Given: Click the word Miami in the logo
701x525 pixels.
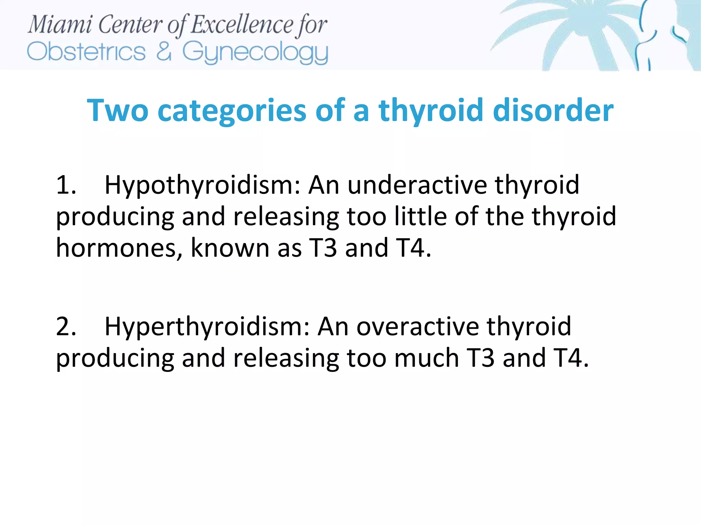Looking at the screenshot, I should [60, 25].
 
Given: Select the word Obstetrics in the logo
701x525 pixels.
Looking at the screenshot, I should [86, 52].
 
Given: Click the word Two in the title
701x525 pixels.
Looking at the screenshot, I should [117, 110].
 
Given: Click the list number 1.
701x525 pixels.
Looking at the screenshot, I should [66, 185].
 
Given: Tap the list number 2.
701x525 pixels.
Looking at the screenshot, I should [66, 326].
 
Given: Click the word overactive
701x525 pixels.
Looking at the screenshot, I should [417, 326].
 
